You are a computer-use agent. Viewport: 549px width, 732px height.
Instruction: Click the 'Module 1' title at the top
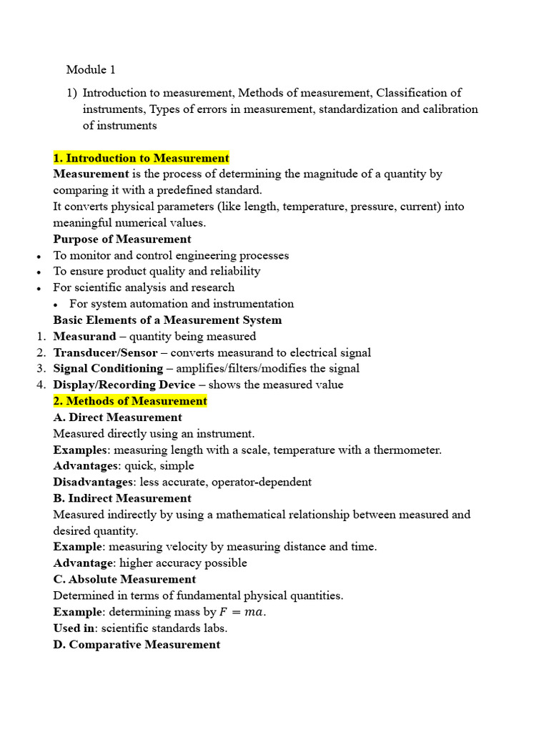click(90, 70)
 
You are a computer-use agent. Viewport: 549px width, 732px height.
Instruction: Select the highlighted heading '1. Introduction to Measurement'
click(141, 158)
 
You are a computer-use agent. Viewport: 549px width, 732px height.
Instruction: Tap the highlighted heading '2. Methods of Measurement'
click(130, 401)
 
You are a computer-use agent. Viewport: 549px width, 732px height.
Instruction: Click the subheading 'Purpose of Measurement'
click(122, 239)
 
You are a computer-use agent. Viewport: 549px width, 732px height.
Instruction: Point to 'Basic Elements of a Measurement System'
click(167, 320)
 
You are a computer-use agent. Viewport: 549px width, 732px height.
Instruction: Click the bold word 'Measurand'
click(84, 337)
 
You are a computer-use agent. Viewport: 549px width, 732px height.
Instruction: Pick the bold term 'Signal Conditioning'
click(108, 369)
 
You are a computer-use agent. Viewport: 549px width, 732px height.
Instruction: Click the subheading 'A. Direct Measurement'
click(118, 417)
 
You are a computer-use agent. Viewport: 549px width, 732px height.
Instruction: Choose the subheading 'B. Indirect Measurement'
click(122, 498)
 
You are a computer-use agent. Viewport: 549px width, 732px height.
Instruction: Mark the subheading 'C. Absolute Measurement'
click(124, 579)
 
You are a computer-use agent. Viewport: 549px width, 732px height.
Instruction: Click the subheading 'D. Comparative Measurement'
click(137, 645)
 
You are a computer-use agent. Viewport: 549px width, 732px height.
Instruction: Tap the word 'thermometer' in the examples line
click(408, 450)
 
